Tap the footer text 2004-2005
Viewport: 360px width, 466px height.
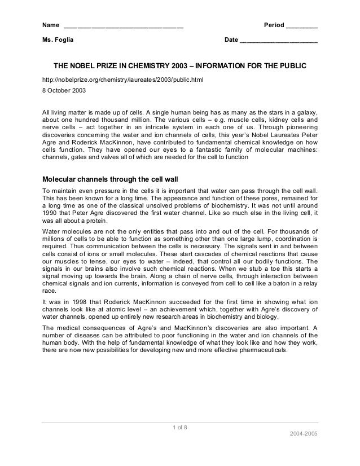[x=303, y=437]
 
